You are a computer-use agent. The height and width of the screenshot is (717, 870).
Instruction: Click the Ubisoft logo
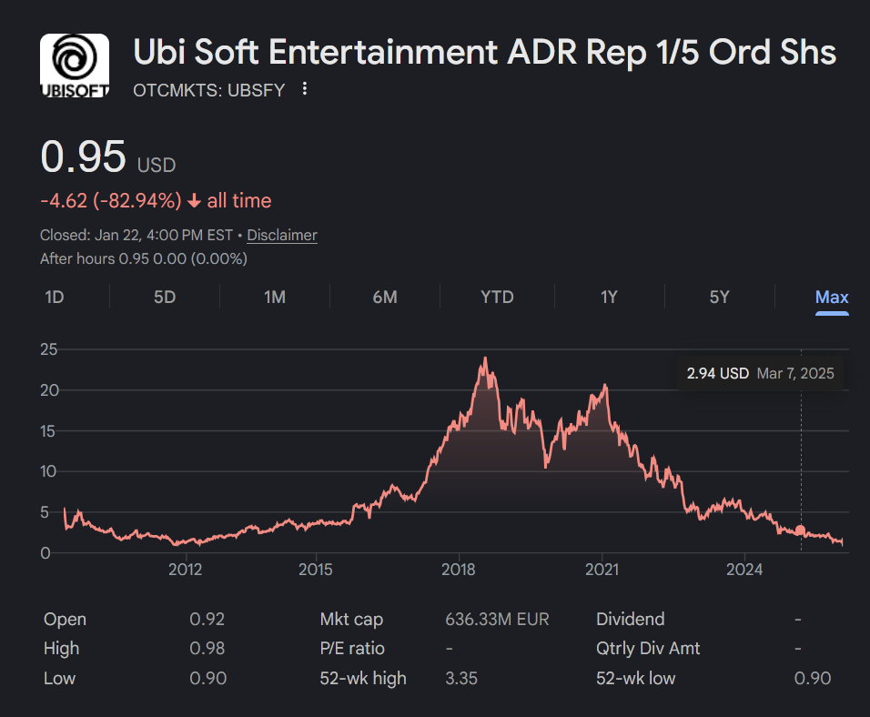(75, 66)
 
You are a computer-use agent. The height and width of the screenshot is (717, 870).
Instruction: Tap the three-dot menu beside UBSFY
(305, 89)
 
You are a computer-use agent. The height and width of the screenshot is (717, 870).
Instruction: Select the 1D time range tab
(55, 298)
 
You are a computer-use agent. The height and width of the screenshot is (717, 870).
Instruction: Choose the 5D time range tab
(165, 298)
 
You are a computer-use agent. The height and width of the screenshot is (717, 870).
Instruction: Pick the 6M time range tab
(385, 298)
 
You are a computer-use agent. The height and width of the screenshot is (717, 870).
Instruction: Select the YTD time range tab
(497, 298)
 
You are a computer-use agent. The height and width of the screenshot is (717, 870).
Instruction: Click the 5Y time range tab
(719, 298)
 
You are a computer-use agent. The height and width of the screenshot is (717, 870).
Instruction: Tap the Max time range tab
(832, 298)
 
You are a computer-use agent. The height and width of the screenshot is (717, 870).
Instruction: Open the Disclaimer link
(282, 235)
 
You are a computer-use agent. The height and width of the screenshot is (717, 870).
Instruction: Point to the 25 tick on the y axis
(50, 349)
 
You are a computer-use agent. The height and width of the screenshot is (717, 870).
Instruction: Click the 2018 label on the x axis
(459, 570)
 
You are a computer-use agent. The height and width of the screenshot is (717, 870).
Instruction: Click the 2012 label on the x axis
(185, 570)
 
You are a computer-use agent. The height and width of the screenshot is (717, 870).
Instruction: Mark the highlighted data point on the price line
(801, 530)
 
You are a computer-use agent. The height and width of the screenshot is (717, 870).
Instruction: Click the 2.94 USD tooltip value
(718, 373)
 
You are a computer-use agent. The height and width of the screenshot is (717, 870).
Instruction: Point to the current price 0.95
(84, 157)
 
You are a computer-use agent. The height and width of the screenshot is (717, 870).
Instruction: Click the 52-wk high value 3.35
(461, 678)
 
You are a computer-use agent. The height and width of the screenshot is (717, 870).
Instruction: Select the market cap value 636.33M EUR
(497, 620)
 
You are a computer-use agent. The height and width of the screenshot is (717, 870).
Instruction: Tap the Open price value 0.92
(207, 620)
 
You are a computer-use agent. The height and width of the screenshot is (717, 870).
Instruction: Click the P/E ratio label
(352, 649)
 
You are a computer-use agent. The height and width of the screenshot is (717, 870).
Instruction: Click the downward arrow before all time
(194, 201)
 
